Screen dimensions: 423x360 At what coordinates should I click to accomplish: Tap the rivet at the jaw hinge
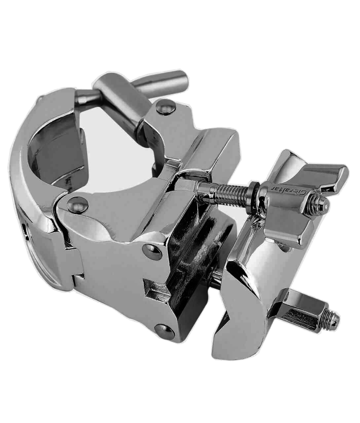(78, 204)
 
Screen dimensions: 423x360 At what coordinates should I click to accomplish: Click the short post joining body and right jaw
(217, 277)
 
